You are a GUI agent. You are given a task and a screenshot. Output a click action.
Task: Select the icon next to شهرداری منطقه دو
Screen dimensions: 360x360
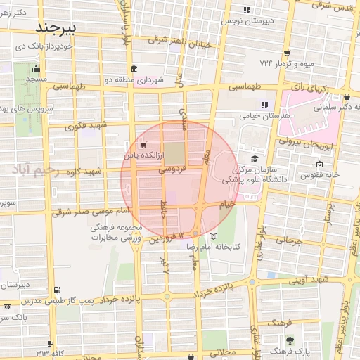(x=133, y=69)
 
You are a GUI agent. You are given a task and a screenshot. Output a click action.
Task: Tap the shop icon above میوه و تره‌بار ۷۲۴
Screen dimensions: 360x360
(x=287, y=53)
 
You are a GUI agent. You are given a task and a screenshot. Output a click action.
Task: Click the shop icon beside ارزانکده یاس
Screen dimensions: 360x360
(x=143, y=144)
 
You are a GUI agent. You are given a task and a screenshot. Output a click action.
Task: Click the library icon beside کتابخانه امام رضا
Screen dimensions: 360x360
(x=213, y=236)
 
